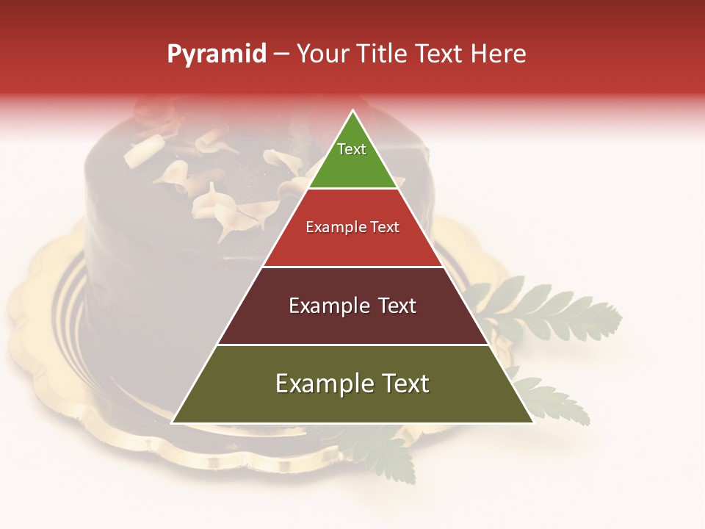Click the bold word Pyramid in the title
[x=217, y=54]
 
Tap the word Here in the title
[x=499, y=54]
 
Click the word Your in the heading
[x=322, y=54]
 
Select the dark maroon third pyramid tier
[x=352, y=323]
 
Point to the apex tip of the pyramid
[x=352, y=112]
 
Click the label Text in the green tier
[x=352, y=149]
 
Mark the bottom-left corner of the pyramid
[x=173, y=422]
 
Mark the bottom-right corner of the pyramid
[x=533, y=422]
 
